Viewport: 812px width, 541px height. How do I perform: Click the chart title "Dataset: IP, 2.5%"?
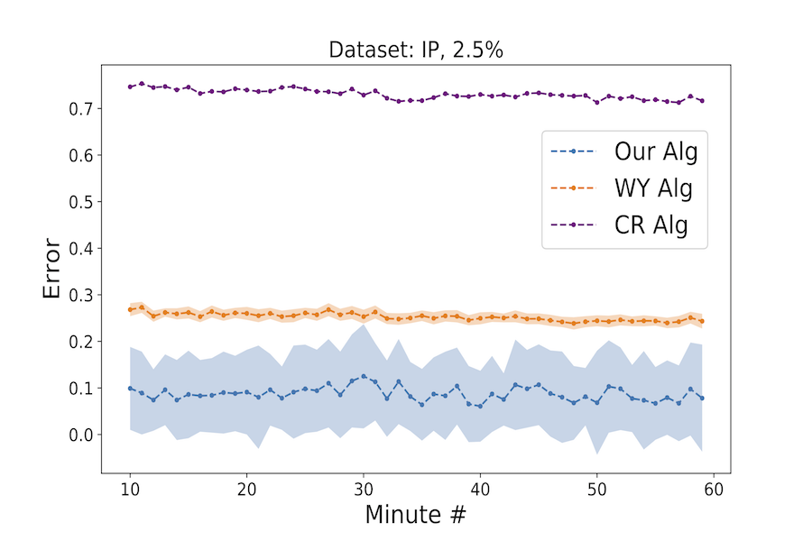coord(415,50)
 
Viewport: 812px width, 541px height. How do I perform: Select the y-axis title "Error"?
coord(52,269)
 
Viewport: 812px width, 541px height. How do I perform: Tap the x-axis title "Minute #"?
coord(415,515)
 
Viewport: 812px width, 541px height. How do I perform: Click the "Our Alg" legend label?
coord(656,151)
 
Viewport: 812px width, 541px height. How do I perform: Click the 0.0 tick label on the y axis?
coord(82,435)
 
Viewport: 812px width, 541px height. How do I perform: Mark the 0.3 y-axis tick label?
coord(82,295)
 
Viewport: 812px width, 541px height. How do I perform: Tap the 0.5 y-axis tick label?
coord(82,202)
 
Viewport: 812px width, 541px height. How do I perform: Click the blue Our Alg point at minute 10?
coord(130,389)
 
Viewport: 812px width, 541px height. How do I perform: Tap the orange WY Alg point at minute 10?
coord(130,309)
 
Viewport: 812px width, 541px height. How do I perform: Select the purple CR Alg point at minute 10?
coord(130,87)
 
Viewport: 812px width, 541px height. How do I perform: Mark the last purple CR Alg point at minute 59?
coord(702,100)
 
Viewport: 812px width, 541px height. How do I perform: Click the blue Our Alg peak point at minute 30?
coord(364,377)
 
